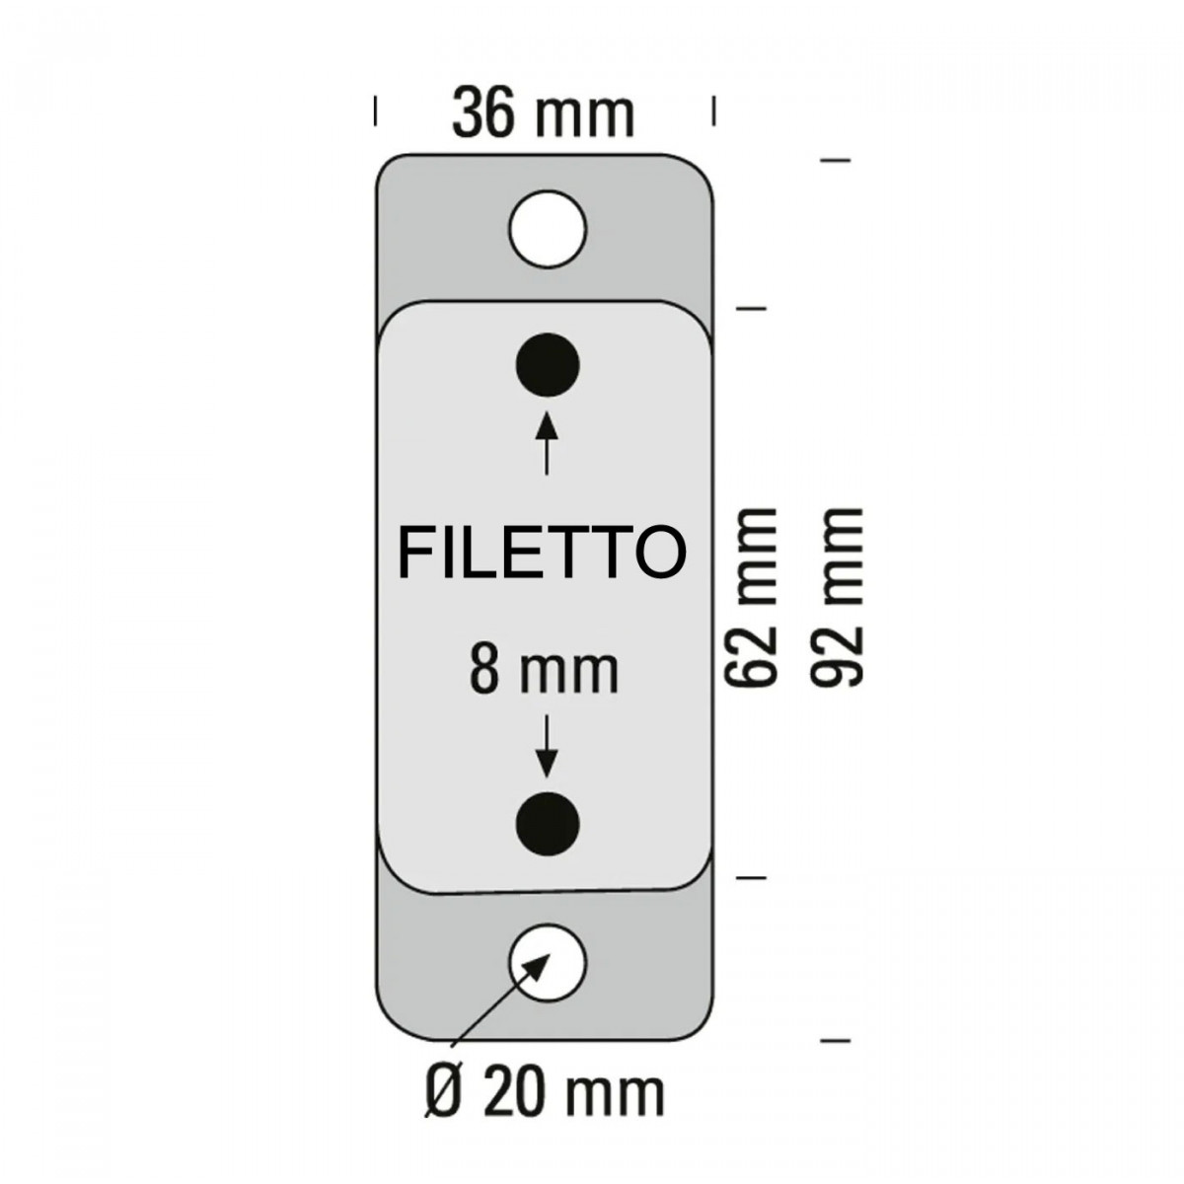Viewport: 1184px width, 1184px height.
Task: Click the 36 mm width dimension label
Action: [543, 114]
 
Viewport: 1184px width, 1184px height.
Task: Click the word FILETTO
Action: [542, 552]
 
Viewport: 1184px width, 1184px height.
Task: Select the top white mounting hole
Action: [548, 229]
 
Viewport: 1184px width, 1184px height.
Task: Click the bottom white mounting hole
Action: [548, 963]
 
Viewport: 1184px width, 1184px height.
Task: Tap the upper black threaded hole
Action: [547, 366]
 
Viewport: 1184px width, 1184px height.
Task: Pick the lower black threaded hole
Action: [547, 824]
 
